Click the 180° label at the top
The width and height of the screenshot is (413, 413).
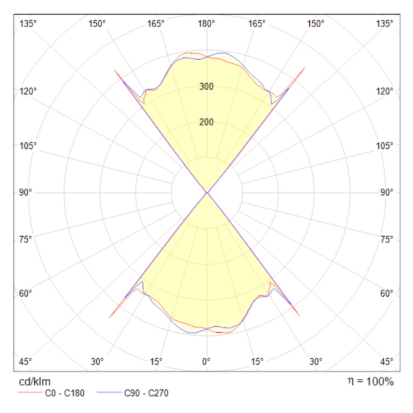coord(206,24)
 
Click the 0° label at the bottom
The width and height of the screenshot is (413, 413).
coord(206,361)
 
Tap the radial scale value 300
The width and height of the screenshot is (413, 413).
coord(206,87)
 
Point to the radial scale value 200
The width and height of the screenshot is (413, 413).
coord(206,123)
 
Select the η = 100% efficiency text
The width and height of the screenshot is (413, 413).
coord(370,381)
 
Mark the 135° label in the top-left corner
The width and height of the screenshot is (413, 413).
coord(28,24)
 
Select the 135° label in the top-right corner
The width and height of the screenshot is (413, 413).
coord(385,24)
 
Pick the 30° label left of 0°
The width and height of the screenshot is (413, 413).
coord(97,361)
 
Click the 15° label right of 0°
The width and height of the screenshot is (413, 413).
coord(257,361)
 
